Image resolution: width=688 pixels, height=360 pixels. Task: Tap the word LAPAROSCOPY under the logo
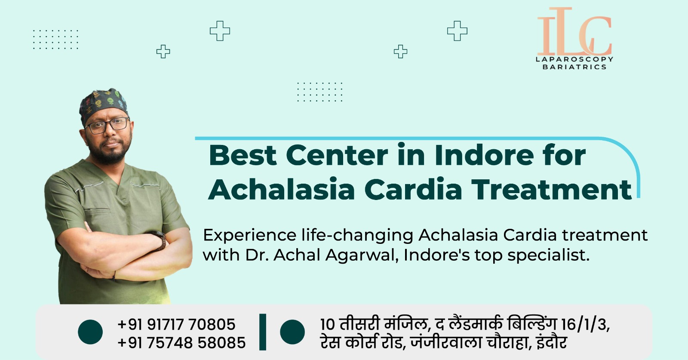coord(574,59)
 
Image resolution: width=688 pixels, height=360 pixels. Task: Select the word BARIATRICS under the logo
coord(574,67)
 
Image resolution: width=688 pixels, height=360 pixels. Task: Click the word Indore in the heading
coord(484,155)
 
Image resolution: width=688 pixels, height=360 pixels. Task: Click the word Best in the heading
coord(243,155)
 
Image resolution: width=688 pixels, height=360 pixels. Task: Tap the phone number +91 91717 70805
coord(177,324)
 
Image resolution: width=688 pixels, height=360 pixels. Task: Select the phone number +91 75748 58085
coord(181,343)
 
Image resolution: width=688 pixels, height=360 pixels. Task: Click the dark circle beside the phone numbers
coord(90,332)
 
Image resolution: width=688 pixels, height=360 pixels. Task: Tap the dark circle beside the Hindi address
coord(292,332)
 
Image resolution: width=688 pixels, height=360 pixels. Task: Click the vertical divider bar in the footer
coord(263,332)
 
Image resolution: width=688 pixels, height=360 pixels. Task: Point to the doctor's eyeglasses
coord(107,125)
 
